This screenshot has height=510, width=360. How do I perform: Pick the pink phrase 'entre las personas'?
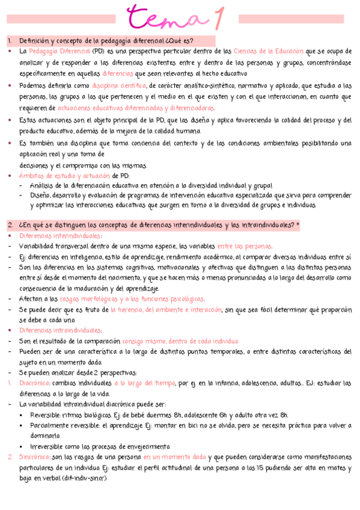[245, 246]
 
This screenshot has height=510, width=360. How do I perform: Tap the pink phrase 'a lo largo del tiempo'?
[144, 383]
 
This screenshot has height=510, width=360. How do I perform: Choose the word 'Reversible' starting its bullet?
[47, 415]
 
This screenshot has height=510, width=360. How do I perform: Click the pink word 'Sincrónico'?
[34, 457]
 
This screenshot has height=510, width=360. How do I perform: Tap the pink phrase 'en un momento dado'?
[174, 457]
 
